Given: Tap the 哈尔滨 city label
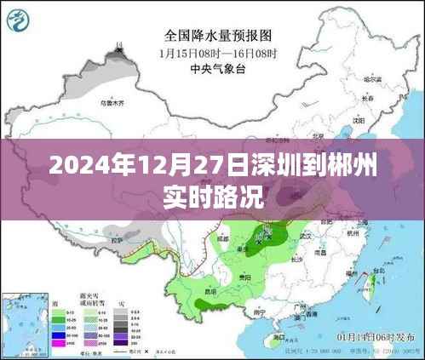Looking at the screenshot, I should [x=371, y=79].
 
